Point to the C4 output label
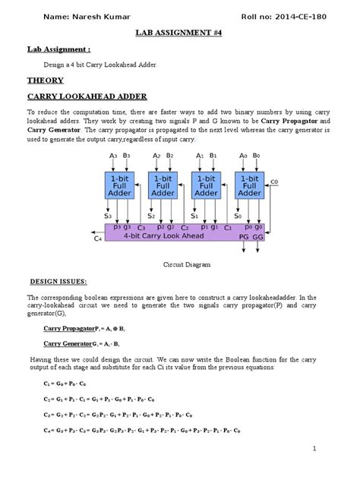tap(97, 239)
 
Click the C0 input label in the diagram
tap(275, 182)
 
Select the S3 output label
tap(109, 216)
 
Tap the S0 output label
tap(238, 216)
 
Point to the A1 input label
tap(201, 155)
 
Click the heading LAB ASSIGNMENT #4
tap(179, 34)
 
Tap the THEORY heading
tap(46, 80)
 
